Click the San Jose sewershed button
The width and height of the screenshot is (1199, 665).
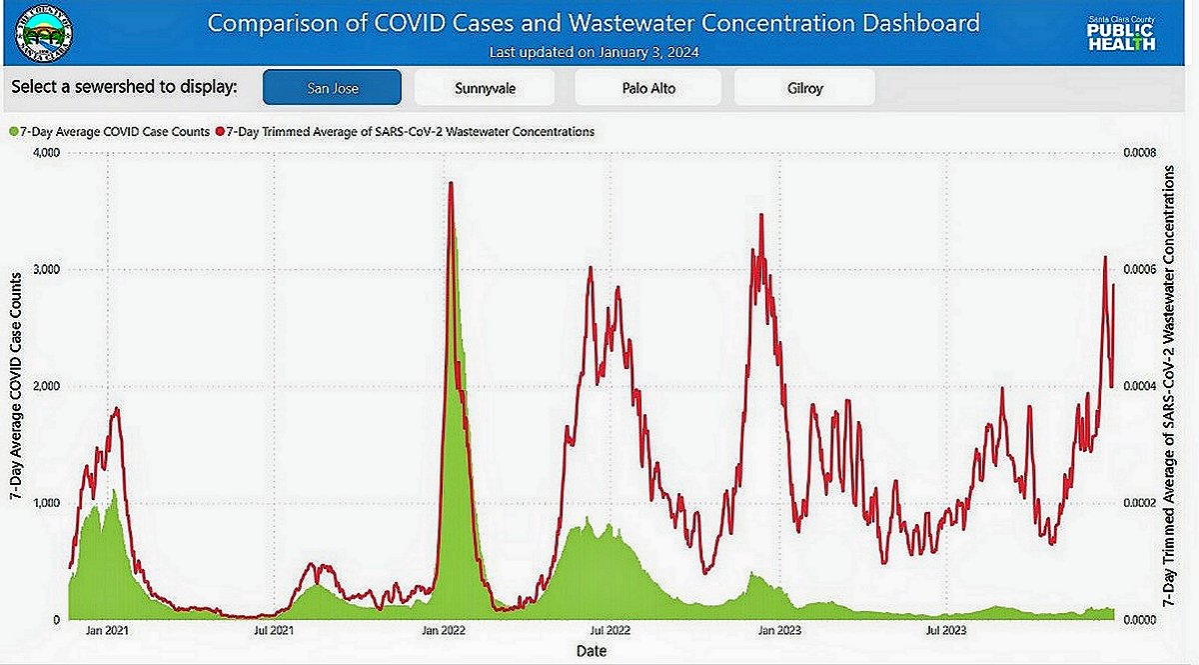332,87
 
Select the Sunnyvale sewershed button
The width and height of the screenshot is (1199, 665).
485,87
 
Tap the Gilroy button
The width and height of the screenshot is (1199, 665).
804,87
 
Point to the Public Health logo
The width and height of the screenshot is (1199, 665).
1121,32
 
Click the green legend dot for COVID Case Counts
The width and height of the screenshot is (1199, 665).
13,131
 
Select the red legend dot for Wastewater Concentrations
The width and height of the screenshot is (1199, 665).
220,131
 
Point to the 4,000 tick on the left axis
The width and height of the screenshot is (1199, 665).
46,153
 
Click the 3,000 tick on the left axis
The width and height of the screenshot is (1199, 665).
46,270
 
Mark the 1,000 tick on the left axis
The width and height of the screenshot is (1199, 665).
46,503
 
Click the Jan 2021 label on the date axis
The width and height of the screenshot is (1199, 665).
108,631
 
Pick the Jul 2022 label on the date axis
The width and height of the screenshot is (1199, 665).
609,631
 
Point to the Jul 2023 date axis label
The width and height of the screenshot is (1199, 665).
945,631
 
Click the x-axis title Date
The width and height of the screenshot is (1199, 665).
591,651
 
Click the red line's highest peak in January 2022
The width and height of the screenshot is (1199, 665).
452,183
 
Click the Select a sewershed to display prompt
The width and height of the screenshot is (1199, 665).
124,87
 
